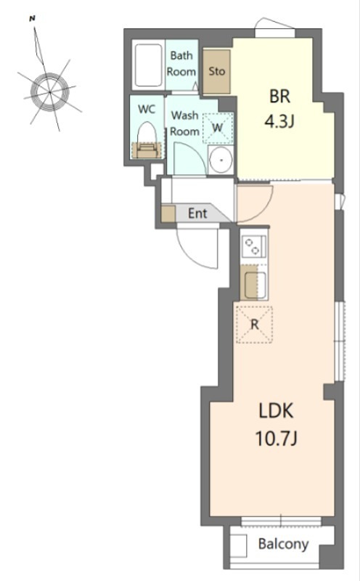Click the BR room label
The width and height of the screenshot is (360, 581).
[x=279, y=96]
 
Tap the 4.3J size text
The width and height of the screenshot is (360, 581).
[x=279, y=121]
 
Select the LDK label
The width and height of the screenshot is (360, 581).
[x=276, y=411]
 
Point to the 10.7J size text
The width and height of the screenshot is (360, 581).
[x=277, y=439]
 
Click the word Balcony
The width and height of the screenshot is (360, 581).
[x=283, y=544]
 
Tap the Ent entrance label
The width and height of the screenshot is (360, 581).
[x=197, y=214]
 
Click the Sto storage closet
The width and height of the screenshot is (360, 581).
[x=216, y=71]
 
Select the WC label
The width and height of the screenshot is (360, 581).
[x=147, y=110]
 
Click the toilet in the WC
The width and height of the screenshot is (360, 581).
[x=147, y=141]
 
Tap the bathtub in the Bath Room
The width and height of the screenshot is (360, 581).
[x=149, y=65]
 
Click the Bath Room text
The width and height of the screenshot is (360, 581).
[x=181, y=64]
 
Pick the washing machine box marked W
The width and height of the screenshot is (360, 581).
[x=218, y=128]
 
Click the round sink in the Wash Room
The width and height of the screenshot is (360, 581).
[x=221, y=160]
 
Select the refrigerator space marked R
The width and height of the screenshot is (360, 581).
[x=254, y=325]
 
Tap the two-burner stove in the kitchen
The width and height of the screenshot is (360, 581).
[x=253, y=246]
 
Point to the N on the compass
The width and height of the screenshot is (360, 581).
[x=33, y=17]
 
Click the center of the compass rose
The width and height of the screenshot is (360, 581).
[x=50, y=91]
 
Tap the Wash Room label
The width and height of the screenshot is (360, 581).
[x=184, y=123]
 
